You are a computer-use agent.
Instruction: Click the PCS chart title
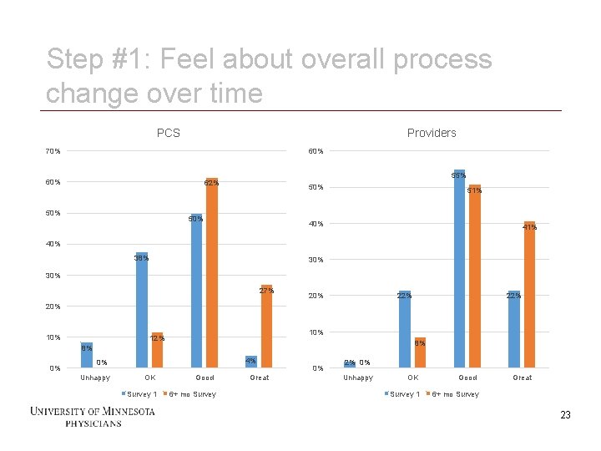point(168,133)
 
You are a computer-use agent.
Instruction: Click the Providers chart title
point(432,133)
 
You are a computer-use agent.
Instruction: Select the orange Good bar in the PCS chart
point(212,276)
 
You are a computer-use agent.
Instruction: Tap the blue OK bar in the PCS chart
point(142,310)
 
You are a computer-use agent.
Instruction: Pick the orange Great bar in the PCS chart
point(266,327)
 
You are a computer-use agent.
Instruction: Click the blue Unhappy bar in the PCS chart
point(87,355)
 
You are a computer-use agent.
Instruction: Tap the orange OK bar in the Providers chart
point(420,352)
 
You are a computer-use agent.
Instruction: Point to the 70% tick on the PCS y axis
point(53,151)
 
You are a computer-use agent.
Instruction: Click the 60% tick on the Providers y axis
point(316,151)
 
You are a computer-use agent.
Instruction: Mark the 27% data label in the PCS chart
point(266,291)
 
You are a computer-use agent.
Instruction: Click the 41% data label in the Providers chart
point(529,227)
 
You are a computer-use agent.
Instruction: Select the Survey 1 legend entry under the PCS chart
point(139,394)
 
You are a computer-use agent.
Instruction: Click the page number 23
point(565,415)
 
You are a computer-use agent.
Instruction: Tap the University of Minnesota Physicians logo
point(92,416)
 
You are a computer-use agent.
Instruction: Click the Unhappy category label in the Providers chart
point(358,378)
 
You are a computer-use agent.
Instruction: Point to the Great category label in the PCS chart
point(260,378)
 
